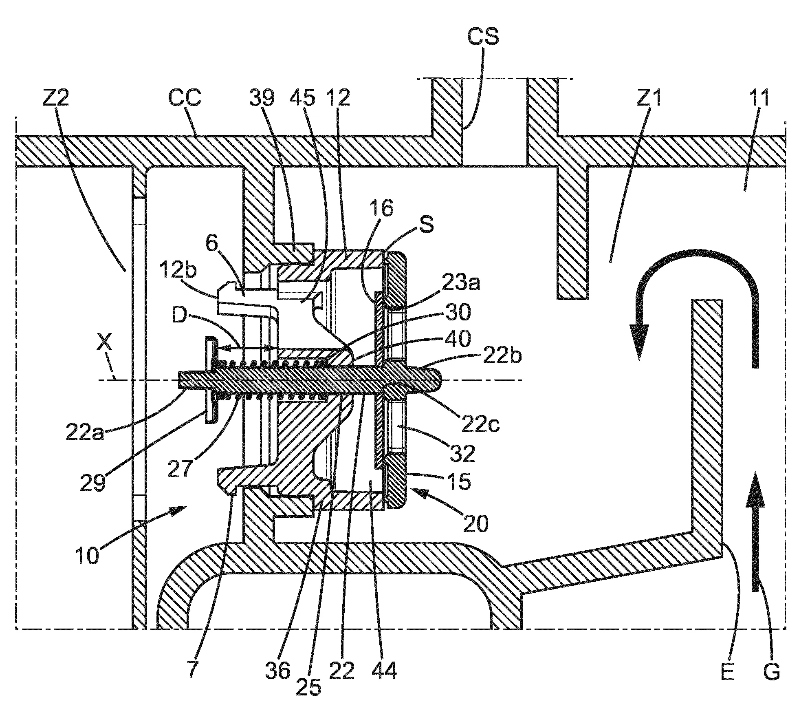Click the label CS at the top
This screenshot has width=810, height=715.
483,36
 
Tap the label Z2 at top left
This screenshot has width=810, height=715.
55,99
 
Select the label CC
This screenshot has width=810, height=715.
185,99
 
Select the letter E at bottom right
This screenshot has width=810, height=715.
728,672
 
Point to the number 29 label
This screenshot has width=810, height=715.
93,483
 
